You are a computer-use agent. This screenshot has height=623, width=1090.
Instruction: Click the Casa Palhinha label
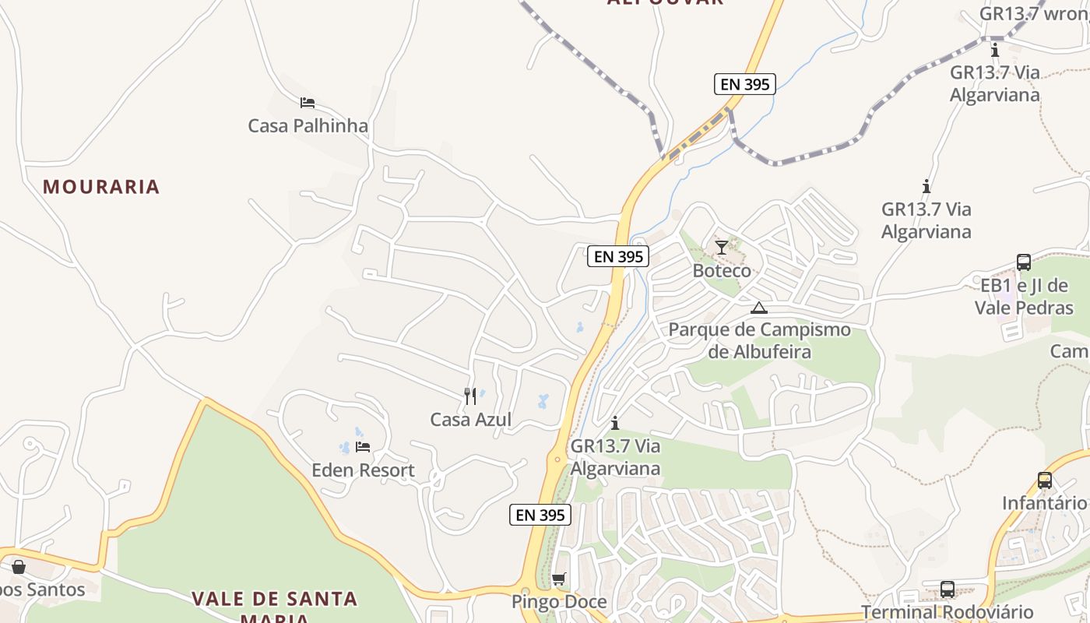308,125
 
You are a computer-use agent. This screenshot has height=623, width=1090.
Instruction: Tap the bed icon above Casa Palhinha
308,102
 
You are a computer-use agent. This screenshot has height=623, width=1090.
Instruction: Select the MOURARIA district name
101,187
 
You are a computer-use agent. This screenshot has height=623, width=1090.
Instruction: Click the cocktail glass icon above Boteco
722,248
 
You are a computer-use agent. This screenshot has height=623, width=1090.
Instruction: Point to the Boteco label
722,271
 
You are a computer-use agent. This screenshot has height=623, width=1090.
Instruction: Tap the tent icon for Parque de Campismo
759,307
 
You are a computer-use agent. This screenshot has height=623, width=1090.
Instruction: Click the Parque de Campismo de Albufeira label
759,340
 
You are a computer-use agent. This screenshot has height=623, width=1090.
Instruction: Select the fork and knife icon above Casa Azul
470,396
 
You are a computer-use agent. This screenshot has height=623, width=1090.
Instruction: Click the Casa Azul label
470,420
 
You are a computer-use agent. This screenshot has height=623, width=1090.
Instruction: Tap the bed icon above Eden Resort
363,447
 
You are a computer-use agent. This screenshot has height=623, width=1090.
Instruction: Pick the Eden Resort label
363,470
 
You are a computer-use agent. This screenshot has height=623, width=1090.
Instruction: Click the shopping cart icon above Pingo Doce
558,579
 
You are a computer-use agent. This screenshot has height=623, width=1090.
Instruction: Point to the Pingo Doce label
558,602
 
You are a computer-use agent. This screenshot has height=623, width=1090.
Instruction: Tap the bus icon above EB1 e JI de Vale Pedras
1024,262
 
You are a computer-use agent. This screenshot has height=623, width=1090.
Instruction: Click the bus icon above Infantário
1045,480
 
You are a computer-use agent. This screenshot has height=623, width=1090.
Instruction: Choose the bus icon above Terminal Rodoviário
948,590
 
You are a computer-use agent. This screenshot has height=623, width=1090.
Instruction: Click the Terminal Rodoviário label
948,612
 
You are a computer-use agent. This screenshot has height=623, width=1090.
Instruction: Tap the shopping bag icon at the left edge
18,566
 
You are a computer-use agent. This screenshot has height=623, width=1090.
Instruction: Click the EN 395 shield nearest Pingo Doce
540,515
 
